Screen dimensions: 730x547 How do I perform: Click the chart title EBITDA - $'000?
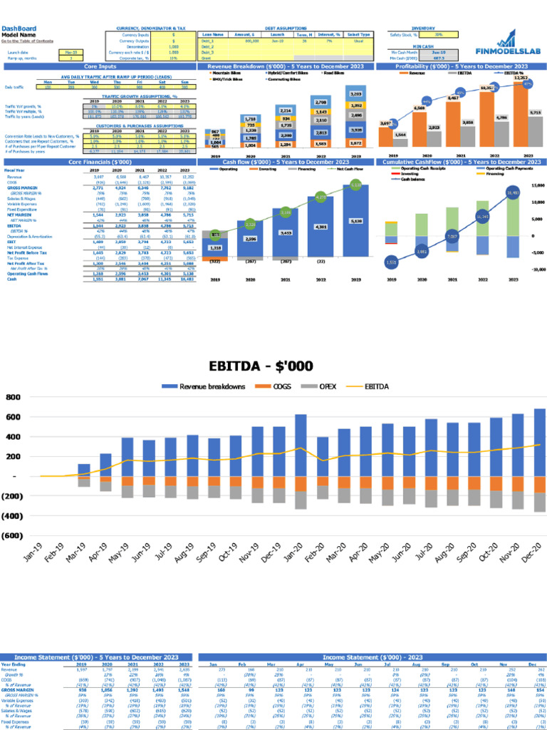[x=260, y=366]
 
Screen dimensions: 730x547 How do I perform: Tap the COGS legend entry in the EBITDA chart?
[x=273, y=386]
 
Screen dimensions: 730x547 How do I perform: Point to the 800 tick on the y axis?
[x=12, y=396]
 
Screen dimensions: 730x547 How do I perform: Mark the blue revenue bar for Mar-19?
[x=84, y=470]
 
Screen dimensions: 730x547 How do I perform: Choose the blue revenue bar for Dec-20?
[x=538, y=442]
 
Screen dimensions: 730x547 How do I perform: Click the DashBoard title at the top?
[x=18, y=29]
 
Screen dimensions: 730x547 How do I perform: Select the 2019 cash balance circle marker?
[x=391, y=262]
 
